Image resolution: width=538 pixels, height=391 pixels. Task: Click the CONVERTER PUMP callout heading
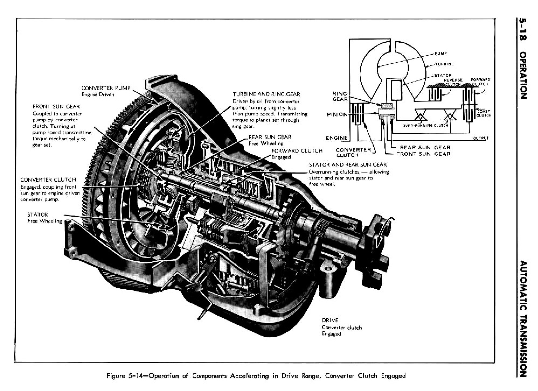coord(106,88)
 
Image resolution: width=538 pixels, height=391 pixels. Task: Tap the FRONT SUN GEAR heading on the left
coord(56,107)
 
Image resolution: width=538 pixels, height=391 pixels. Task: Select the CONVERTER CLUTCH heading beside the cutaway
coord(48,180)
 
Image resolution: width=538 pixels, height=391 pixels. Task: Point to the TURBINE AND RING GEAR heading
coord(266,94)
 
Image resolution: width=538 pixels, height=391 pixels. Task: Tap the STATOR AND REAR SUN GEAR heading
coord(348,165)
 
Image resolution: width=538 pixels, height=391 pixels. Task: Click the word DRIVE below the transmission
coord(330,320)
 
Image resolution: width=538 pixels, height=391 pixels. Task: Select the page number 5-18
coord(523,30)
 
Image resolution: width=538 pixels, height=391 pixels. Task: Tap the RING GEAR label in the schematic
coord(339,96)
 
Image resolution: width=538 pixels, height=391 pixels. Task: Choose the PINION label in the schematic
coord(337,115)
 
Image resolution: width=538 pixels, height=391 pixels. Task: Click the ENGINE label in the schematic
coord(336,138)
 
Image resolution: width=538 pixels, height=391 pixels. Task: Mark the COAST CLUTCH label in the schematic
coord(484,113)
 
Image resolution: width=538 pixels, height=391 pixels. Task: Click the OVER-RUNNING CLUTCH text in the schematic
coord(425,125)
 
